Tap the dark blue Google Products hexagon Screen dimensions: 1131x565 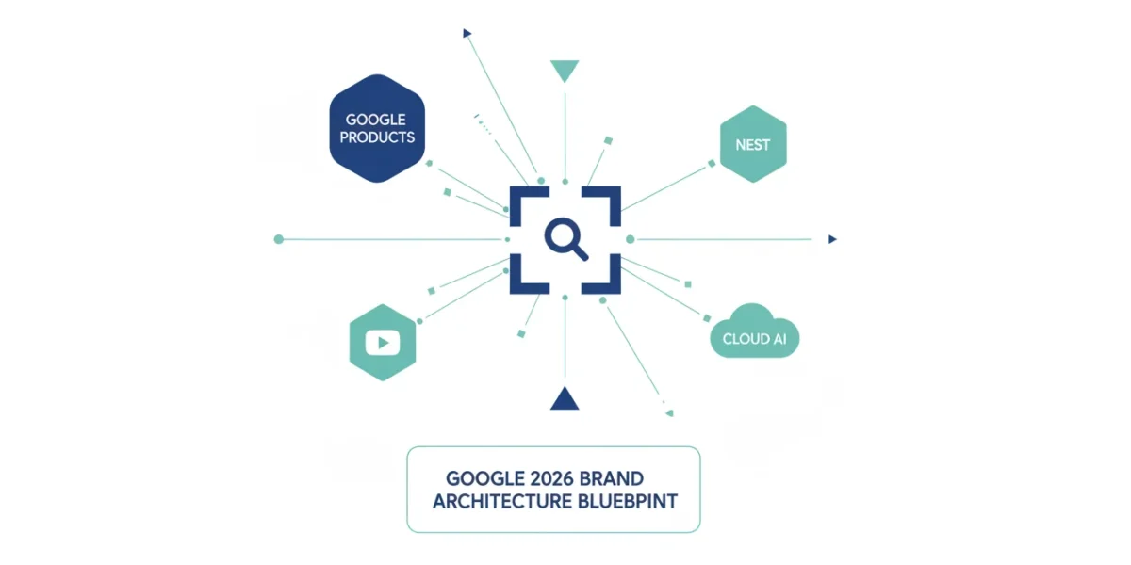point(377,128)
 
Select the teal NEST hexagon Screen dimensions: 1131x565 point(753,144)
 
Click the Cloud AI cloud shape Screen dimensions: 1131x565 point(754,331)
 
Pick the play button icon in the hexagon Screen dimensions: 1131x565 point(383,343)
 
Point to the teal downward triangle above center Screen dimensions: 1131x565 point(565,71)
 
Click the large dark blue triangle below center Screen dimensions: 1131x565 point(565,398)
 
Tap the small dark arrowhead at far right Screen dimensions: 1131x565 point(832,239)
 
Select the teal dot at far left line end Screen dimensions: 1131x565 point(279,239)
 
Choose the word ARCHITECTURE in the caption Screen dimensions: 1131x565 point(502,501)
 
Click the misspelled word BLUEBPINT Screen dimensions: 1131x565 point(628,501)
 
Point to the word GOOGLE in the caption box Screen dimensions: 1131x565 point(485,478)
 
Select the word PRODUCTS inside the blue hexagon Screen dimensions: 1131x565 point(377,137)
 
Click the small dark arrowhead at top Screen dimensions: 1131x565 point(467,33)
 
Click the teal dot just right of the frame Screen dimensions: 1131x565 point(631,239)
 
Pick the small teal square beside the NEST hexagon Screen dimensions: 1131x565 point(712,164)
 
